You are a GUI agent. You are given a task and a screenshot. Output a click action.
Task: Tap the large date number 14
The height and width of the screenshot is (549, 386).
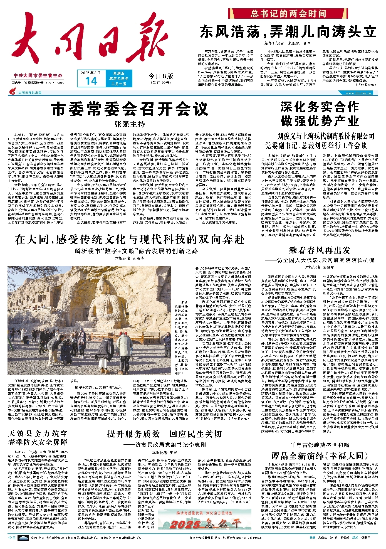pyautogui.click(x=91, y=81)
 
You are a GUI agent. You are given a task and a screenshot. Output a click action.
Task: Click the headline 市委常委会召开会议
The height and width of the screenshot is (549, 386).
pyautogui.click(x=130, y=109)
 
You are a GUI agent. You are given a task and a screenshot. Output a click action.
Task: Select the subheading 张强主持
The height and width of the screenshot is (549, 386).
pyautogui.click(x=130, y=124)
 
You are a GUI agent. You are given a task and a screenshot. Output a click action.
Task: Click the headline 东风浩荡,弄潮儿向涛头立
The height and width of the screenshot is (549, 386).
pyautogui.click(x=288, y=32)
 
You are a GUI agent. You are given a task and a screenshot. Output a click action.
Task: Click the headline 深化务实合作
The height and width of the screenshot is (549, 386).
pyautogui.click(x=320, y=107)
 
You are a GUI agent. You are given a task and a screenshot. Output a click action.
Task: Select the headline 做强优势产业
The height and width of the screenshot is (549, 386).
pyautogui.click(x=320, y=121)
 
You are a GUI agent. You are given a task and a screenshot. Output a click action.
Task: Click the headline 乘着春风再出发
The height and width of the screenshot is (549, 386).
pyautogui.click(x=320, y=250)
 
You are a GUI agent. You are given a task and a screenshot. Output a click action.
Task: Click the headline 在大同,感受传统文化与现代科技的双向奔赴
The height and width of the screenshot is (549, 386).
pyautogui.click(x=130, y=240)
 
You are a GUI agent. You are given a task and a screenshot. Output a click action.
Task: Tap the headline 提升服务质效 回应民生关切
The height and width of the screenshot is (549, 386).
pyautogui.click(x=165, y=434)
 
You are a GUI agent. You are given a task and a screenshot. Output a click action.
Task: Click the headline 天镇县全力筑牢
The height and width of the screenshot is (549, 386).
pyautogui.click(x=38, y=433)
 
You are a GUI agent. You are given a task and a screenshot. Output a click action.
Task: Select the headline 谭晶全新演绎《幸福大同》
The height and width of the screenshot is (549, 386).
pyautogui.click(x=320, y=456)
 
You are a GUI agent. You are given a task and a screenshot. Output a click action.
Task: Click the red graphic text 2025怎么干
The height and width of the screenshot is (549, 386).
pyautogui.click(x=205, y=524)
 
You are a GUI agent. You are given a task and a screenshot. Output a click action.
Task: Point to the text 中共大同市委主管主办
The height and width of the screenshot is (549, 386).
pyautogui.click(x=38, y=76)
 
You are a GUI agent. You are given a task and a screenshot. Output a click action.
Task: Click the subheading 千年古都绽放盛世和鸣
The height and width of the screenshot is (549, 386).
pyautogui.click(x=320, y=445)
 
